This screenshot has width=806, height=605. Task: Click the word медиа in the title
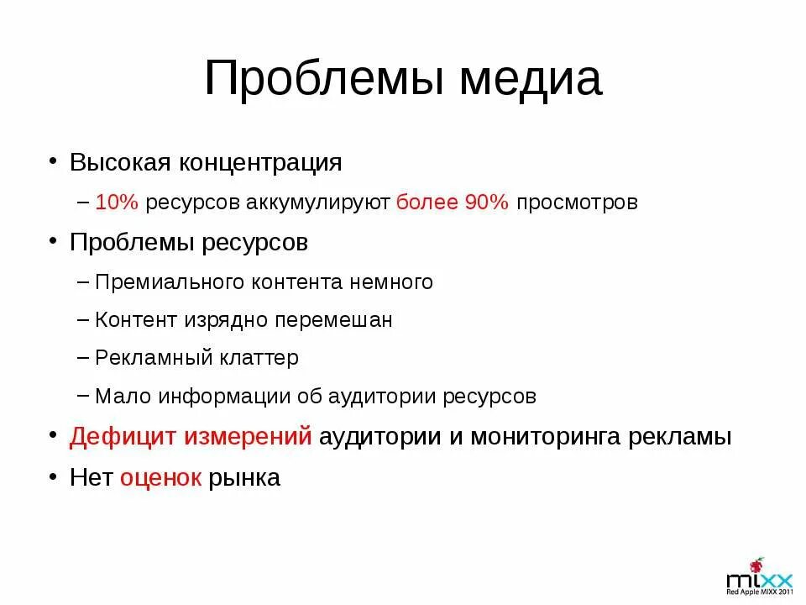click(x=530, y=80)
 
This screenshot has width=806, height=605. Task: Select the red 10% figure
click(x=118, y=203)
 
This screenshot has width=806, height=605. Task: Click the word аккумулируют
click(x=320, y=203)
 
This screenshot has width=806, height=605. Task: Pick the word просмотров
click(x=578, y=203)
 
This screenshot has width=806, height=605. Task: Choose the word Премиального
click(x=170, y=282)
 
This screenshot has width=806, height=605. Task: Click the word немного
click(x=391, y=282)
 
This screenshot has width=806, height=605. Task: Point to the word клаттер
click(x=260, y=358)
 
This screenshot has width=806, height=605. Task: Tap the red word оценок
click(x=160, y=478)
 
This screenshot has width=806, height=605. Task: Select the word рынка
click(x=244, y=478)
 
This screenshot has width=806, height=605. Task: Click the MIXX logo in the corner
click(x=759, y=577)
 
